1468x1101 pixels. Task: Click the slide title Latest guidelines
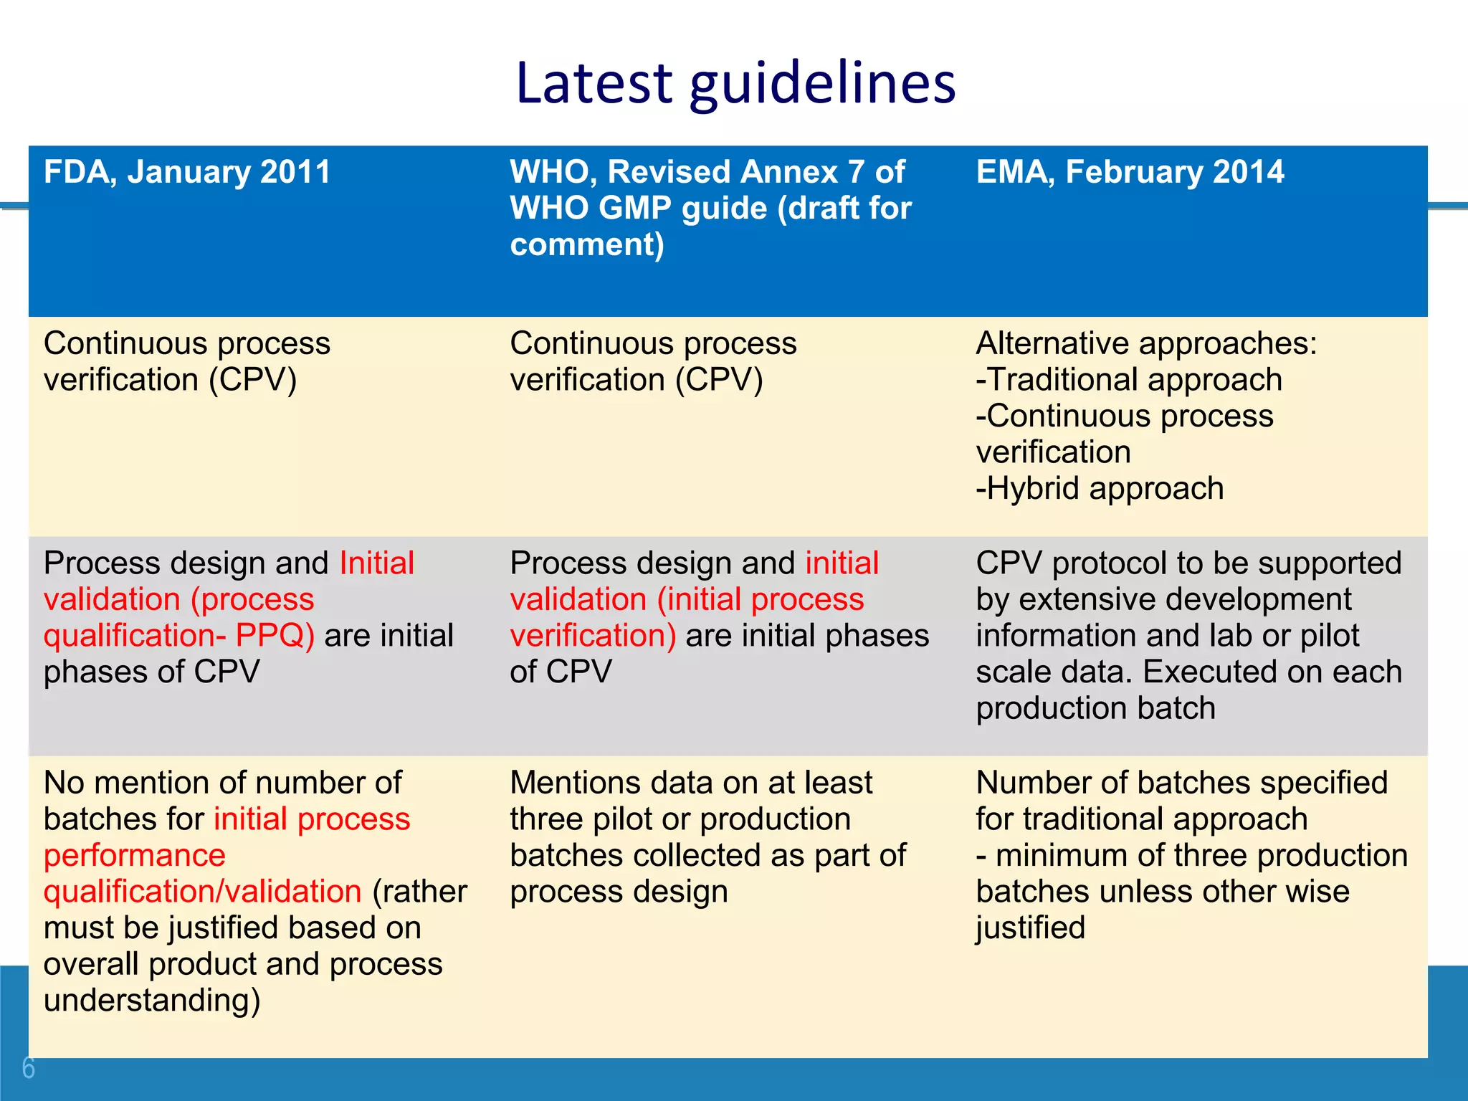(735, 83)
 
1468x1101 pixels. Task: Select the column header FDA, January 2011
(187, 172)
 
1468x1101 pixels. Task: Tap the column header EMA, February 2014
(1130, 172)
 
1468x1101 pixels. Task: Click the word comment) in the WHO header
(587, 245)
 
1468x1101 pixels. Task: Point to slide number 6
(29, 1068)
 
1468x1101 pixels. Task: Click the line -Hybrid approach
(1100, 489)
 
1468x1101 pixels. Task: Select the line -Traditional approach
(1129, 380)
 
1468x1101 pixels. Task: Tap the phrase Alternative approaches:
(1146, 343)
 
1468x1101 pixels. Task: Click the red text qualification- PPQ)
(179, 636)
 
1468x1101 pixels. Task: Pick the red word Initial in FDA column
(376, 563)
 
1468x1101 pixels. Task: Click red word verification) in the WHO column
(593, 636)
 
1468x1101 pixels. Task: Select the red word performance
(135, 855)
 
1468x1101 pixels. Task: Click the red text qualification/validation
(202, 892)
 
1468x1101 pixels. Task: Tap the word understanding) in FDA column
(152, 1001)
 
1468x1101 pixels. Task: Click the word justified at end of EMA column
(1030, 928)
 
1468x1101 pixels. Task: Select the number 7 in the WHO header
(855, 172)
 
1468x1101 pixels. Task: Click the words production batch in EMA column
(1095, 709)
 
